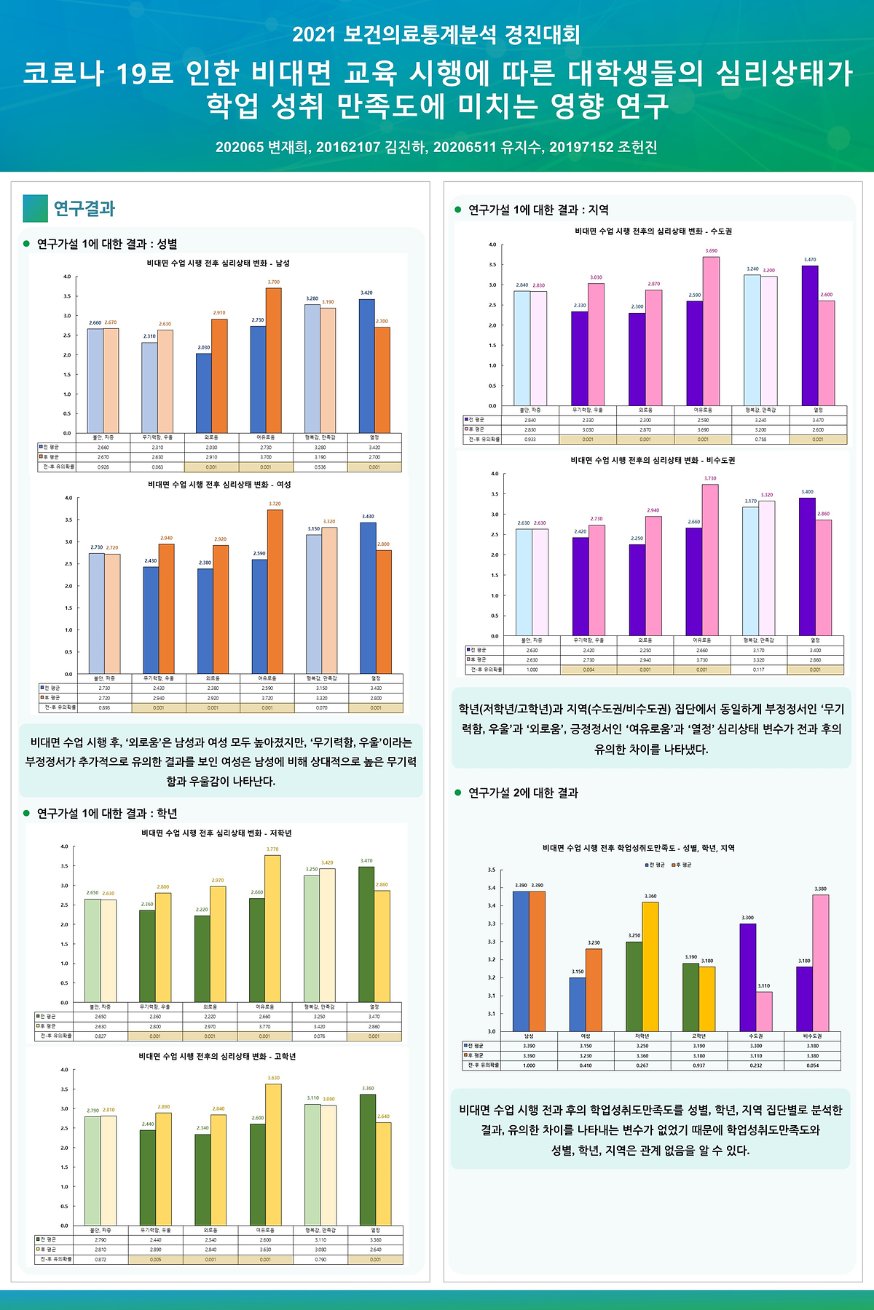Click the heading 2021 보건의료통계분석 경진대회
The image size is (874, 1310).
click(436, 34)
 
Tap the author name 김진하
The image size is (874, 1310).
click(405, 148)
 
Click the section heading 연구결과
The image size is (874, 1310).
click(84, 209)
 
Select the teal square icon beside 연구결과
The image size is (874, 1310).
click(35, 208)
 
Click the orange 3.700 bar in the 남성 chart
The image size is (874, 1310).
click(274, 360)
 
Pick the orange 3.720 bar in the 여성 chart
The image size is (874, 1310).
click(275, 591)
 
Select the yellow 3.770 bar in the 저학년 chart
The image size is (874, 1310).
click(272, 928)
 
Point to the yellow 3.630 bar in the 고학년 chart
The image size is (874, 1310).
click(273, 1154)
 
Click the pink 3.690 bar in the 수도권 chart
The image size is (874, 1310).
click(711, 331)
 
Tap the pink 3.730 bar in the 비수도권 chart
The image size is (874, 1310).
click(710, 560)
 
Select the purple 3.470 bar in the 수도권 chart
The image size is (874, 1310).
click(810, 336)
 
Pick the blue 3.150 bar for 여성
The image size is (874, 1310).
click(578, 1004)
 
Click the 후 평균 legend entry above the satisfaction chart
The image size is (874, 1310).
click(682, 865)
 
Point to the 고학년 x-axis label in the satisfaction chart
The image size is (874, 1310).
click(698, 1036)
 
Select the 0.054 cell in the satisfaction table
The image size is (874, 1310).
click(812, 1065)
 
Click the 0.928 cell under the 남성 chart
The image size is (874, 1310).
click(103, 467)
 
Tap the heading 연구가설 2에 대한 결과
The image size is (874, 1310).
click(523, 793)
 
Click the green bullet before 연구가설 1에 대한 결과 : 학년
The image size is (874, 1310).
click(26, 813)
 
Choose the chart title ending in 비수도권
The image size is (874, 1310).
click(653, 461)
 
